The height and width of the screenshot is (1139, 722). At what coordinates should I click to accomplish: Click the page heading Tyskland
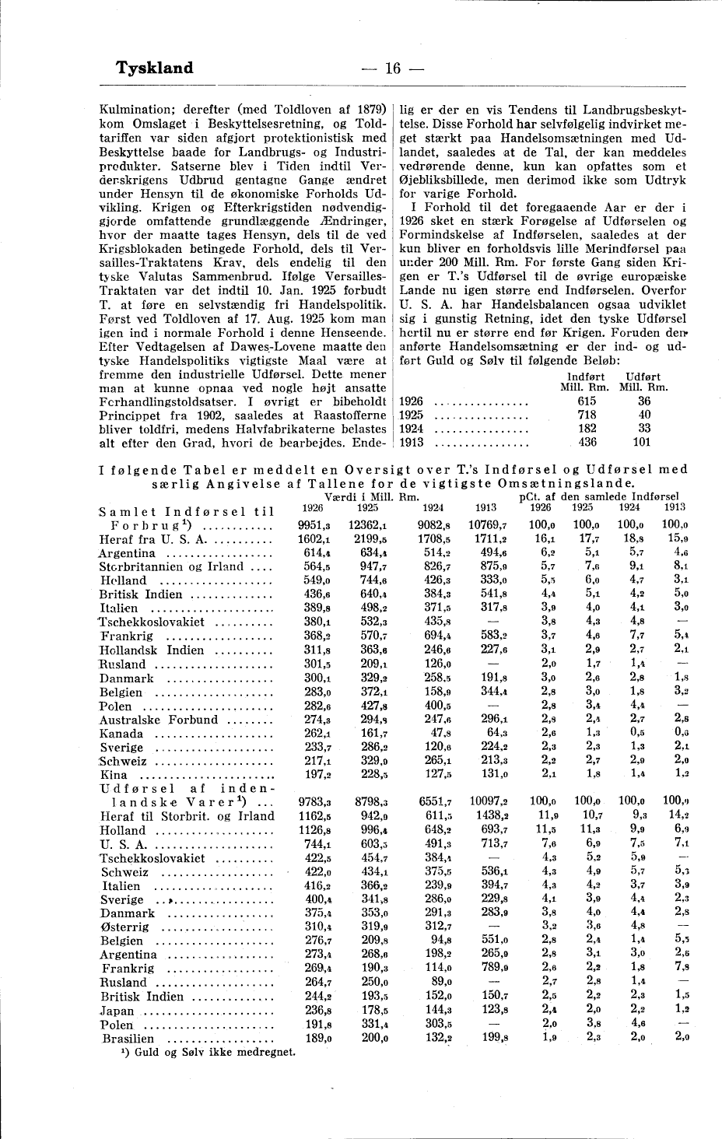(x=154, y=68)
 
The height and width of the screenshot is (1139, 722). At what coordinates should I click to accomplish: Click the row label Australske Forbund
(x=159, y=720)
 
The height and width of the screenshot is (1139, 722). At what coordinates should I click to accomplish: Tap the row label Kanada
(x=122, y=734)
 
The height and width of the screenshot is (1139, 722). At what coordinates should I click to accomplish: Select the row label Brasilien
(x=128, y=1038)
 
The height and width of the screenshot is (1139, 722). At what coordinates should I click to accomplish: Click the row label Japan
(x=118, y=1010)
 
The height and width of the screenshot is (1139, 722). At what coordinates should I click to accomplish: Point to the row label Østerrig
(x=126, y=927)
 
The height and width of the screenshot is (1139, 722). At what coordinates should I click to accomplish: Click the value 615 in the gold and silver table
(x=587, y=401)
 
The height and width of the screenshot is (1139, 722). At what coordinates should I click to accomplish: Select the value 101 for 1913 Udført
(x=641, y=443)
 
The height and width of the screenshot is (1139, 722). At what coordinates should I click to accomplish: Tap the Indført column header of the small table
(x=588, y=377)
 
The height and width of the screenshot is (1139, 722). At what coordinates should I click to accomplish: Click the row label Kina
(x=114, y=775)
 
